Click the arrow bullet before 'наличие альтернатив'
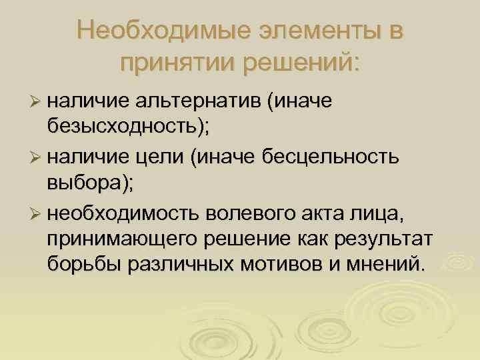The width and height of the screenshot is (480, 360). click(x=37, y=101)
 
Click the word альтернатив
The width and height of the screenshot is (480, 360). click(x=199, y=101)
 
